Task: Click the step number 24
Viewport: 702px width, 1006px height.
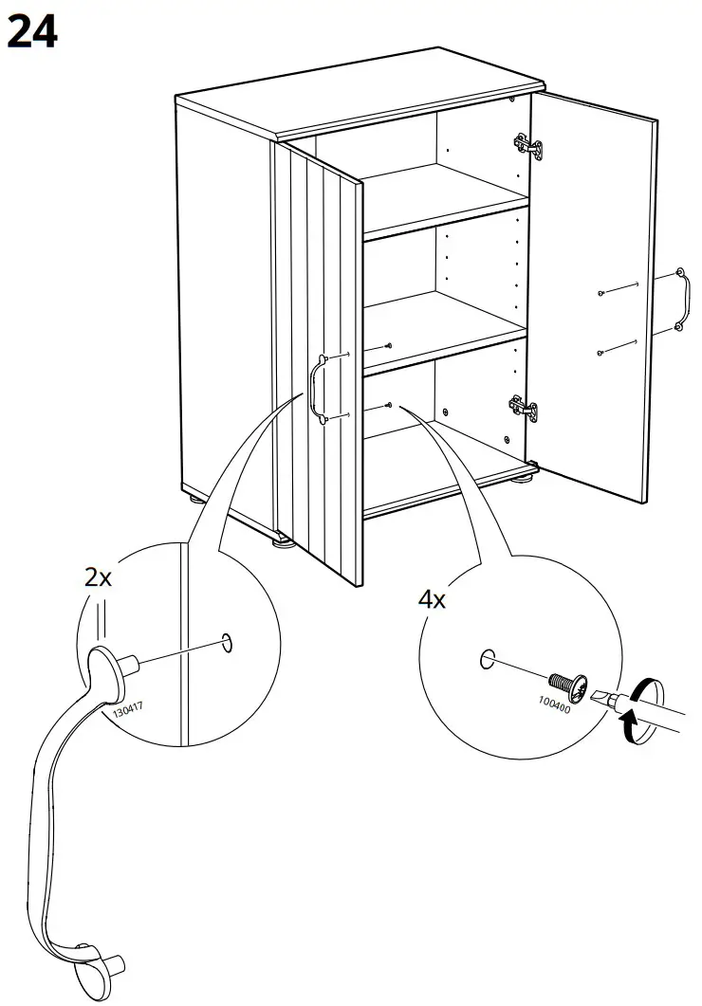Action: tap(31, 32)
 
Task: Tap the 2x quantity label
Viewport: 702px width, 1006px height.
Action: tap(99, 576)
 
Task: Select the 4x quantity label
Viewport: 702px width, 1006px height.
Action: tap(433, 598)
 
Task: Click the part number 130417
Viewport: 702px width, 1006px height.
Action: tap(127, 708)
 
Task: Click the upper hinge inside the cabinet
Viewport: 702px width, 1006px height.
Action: tap(528, 145)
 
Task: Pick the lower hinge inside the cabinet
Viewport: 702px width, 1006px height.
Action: tap(525, 408)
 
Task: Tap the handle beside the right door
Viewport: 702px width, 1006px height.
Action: tap(680, 301)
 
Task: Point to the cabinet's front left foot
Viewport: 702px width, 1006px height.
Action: tap(283, 543)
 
